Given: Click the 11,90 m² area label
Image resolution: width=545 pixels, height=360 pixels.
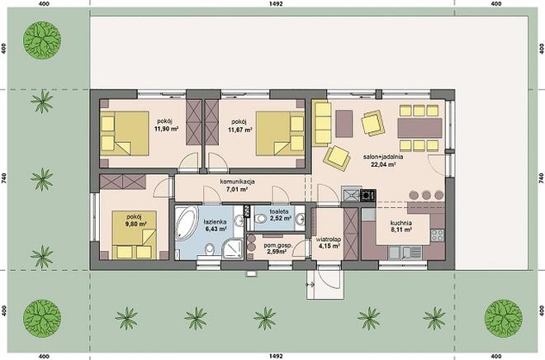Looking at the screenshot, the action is pyautogui.click(x=166, y=129).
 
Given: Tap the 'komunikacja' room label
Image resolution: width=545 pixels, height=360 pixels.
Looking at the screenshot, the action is pyautogui.click(x=237, y=182).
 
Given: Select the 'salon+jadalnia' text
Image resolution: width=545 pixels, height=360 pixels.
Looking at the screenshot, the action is pyautogui.click(x=383, y=157).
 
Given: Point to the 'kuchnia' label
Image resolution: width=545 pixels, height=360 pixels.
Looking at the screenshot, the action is pyautogui.click(x=400, y=223).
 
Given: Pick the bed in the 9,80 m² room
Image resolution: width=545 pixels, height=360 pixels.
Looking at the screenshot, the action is pyautogui.click(x=134, y=234).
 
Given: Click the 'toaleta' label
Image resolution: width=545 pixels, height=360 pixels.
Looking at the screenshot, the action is pyautogui.click(x=279, y=211).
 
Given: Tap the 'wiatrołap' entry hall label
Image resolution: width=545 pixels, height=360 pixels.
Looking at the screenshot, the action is pyautogui.click(x=329, y=239).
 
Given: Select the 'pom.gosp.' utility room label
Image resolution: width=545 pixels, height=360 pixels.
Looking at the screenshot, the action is pyautogui.click(x=278, y=245).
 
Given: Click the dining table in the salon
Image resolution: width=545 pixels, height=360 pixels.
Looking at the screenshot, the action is pyautogui.click(x=419, y=128).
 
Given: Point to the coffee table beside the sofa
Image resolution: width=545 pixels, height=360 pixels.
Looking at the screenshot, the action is pyautogui.click(x=344, y=123).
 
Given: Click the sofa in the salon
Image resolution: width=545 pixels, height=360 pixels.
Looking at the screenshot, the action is pyautogui.click(x=321, y=123).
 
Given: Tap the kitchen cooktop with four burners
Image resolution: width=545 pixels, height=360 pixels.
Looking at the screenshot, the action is pyautogui.click(x=438, y=235).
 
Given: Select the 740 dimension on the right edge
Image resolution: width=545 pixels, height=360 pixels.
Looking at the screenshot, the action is pyautogui.click(x=541, y=178).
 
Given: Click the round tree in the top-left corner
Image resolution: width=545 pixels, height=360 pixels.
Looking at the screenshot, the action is pyautogui.click(x=42, y=40).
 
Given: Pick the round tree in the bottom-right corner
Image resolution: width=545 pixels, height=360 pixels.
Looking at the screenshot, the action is pyautogui.click(x=503, y=318).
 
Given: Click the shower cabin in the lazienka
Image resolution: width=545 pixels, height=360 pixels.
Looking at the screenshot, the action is pyautogui.click(x=233, y=249).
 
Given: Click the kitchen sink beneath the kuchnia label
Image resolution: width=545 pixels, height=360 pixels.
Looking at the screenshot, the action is pyautogui.click(x=405, y=253).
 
